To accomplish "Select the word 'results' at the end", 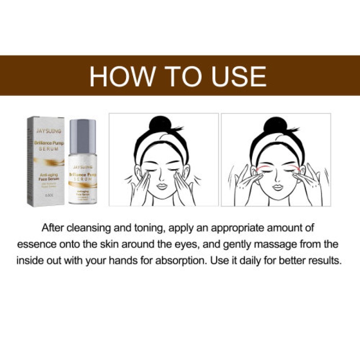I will coord(325,261).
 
